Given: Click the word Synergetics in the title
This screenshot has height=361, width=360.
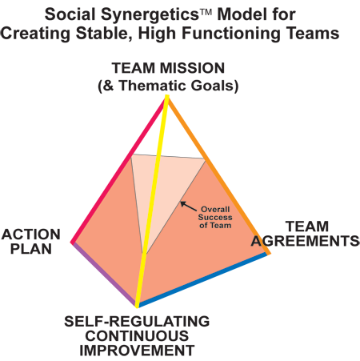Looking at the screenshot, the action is [x=150, y=15].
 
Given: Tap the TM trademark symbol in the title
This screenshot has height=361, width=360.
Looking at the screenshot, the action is [x=206, y=12].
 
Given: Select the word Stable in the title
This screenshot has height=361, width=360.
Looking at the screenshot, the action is [x=104, y=34].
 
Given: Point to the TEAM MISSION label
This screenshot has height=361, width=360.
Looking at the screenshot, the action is [x=168, y=68].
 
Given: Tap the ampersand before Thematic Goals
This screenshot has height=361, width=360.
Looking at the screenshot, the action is [x=108, y=86].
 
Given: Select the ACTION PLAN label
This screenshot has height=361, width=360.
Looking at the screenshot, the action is [x=31, y=242].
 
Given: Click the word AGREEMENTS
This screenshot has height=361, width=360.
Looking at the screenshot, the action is [x=306, y=241].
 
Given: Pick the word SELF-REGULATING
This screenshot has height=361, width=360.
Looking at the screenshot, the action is [x=137, y=321].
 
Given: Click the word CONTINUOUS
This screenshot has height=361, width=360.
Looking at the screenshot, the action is [x=137, y=336].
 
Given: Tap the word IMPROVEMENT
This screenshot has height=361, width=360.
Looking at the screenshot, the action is [x=137, y=351].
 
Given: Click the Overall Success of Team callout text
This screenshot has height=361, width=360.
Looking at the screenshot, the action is [x=215, y=217].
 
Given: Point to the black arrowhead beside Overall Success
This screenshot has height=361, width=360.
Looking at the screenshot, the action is [x=182, y=203].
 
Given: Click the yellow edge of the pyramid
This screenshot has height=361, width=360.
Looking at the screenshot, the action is [x=152, y=202].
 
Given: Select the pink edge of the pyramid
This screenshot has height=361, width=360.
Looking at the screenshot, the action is [x=118, y=170].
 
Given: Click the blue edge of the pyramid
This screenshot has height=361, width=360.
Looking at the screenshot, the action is [x=202, y=279].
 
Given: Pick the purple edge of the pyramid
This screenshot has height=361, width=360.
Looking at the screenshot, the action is [x=104, y=274].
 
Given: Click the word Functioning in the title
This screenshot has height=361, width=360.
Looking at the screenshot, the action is [x=230, y=34].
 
